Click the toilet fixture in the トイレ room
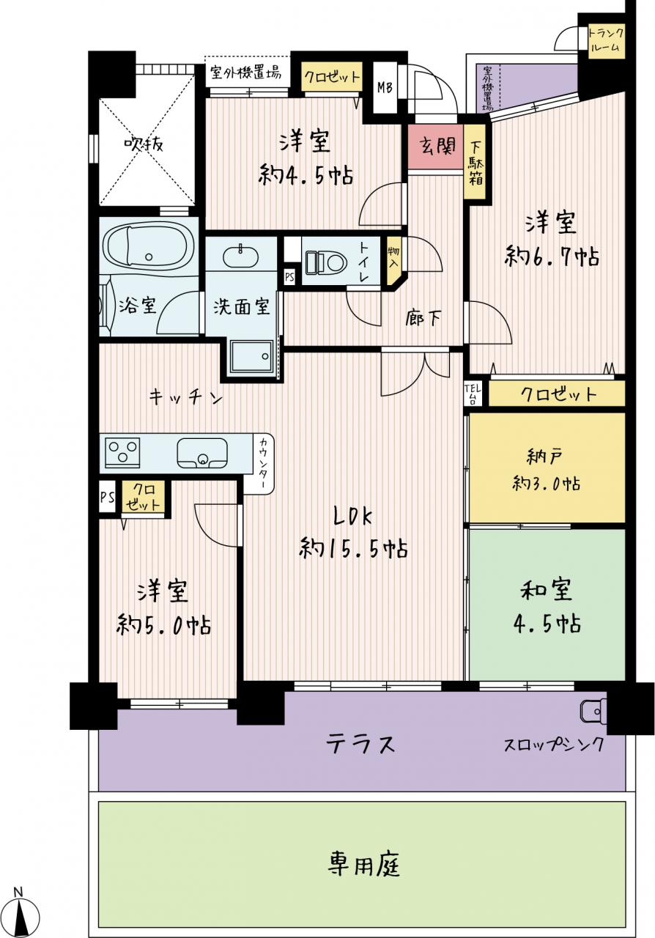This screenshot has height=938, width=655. [327, 262]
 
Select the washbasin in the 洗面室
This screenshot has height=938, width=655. [240, 256]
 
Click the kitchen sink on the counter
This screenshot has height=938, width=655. [202, 453]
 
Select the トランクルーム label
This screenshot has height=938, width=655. [606, 40]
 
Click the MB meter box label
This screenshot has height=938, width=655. [385, 87]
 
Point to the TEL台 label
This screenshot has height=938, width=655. [473, 394]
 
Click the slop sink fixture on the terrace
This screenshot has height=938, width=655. [593, 711]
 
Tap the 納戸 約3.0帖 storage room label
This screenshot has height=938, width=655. [546, 470]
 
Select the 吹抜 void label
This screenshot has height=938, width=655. [144, 145]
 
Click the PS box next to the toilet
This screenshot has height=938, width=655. [289, 277]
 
